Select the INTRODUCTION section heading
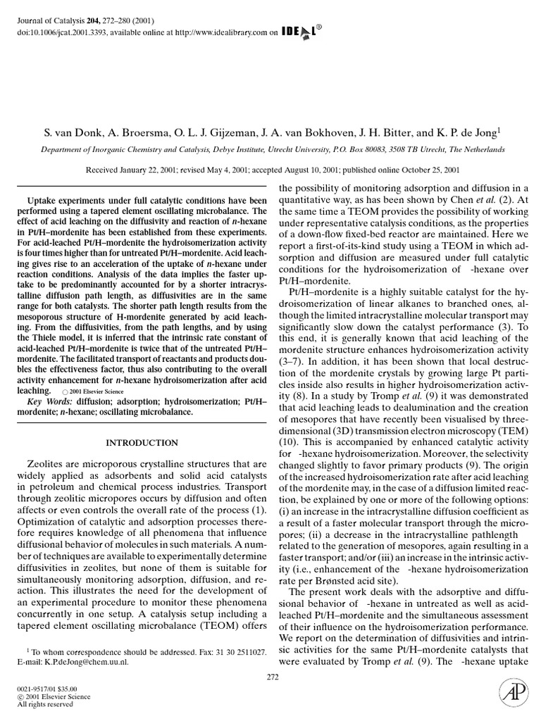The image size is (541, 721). [142, 443]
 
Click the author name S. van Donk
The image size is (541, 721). [75, 132]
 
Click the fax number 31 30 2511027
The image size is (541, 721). [237, 653]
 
